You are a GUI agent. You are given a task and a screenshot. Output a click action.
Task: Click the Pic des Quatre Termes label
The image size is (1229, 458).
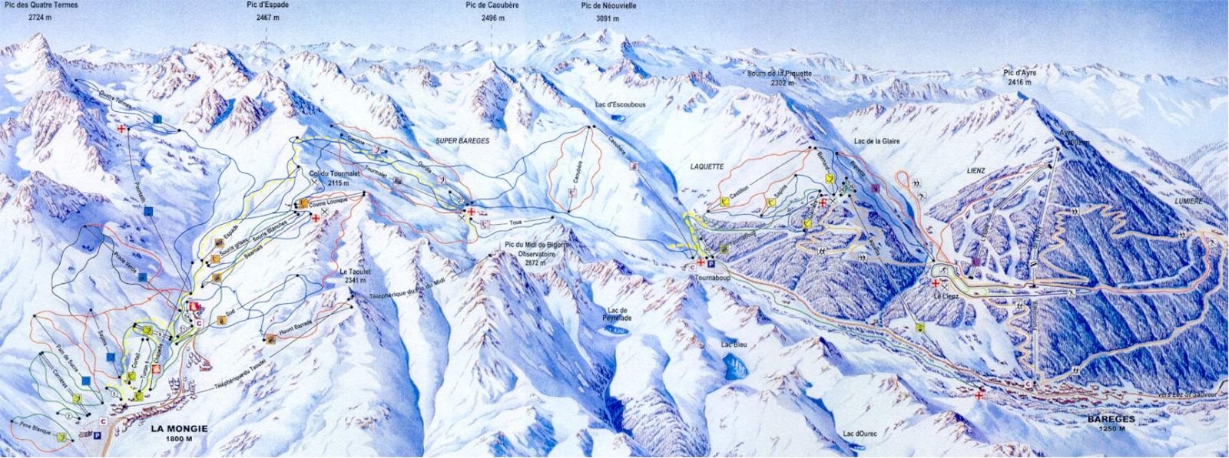[x=40, y=5]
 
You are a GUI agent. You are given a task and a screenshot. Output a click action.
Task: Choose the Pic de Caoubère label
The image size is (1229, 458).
[x=492, y=5]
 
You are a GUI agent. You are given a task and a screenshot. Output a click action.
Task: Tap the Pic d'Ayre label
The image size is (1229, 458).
[x=1023, y=73]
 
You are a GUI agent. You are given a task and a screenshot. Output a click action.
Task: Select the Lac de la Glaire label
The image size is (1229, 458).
[x=876, y=141]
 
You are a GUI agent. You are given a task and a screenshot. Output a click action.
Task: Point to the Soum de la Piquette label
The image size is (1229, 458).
[x=779, y=74]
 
